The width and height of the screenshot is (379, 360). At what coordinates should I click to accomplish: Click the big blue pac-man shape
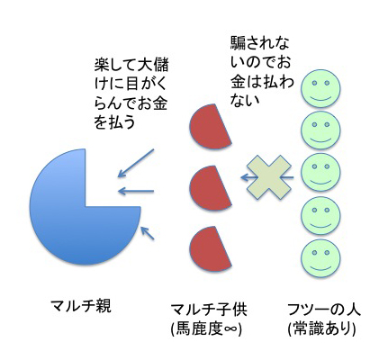[x=69, y=222]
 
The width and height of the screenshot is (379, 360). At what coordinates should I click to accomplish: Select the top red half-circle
[x=209, y=128]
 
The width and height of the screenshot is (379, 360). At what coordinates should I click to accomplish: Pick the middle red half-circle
[x=209, y=189]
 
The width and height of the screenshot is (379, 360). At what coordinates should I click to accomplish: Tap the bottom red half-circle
[x=209, y=250]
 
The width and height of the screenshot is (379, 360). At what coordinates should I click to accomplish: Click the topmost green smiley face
[x=321, y=90]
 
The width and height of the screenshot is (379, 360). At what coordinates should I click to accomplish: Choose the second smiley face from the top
[x=321, y=130]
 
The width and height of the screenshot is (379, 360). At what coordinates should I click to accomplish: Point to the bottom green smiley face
[x=321, y=257]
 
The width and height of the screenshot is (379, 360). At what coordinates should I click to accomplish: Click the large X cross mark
[x=269, y=177]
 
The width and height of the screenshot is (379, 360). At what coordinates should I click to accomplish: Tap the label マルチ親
[x=81, y=306]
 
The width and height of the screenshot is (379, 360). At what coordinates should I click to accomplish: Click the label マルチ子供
[x=209, y=310]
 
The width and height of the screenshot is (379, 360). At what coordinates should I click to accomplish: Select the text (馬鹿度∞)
[x=206, y=329]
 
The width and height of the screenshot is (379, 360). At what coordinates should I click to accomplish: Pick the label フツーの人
[x=323, y=310]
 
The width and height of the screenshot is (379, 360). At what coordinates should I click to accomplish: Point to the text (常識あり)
[x=321, y=329]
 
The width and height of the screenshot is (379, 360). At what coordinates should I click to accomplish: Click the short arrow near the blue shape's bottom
[x=148, y=233]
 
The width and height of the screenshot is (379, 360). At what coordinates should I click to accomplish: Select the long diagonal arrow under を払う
[x=136, y=163]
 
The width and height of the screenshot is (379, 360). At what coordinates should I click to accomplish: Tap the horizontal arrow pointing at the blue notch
[x=136, y=191]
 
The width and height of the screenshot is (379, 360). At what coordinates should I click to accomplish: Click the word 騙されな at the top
[x=260, y=44]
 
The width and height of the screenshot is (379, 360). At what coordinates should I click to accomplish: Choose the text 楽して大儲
[x=131, y=65]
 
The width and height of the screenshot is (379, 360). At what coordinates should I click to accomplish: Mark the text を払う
[x=114, y=123]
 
